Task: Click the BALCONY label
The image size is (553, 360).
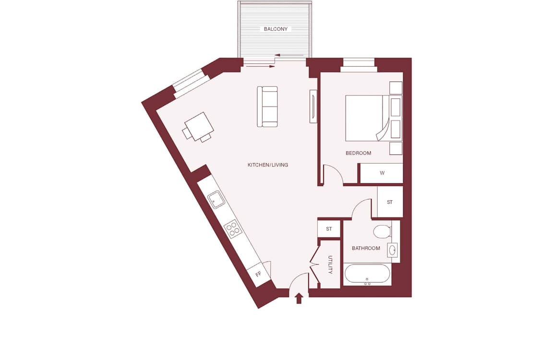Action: pos(276,29)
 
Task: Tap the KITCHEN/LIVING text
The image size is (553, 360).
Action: pos(268,165)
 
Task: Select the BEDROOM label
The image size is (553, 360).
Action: pos(358,153)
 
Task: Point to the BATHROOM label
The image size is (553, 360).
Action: pos(366,248)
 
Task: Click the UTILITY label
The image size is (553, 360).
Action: pos(330,265)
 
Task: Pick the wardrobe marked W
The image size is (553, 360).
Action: pos(381,173)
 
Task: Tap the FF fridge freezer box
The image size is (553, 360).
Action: pos(259,274)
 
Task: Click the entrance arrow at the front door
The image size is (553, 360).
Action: pos(299,299)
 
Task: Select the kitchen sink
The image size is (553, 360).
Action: pos(216,200)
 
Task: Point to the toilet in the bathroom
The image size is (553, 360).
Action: pos(382,231)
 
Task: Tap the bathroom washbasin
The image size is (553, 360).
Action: pos(392,251)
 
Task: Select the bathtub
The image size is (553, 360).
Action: pos(367,275)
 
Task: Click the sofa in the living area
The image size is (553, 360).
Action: pos(267,107)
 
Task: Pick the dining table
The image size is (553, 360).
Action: pos(198,127)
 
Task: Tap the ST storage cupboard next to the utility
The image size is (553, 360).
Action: pos(329,229)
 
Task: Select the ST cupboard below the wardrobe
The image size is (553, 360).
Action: pos(390,202)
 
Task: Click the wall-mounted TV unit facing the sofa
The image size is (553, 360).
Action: pos(313,107)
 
